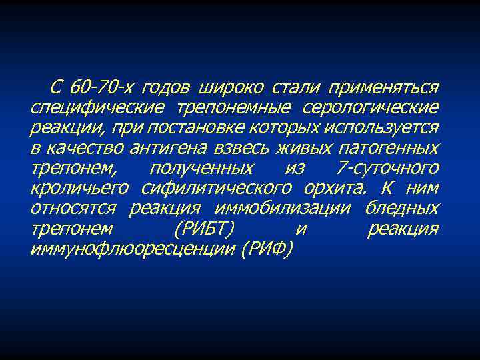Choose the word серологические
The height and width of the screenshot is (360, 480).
click(371, 108)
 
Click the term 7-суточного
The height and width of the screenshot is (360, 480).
click(388, 168)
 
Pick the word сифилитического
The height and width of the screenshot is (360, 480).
click(204, 188)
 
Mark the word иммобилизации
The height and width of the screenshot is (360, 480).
click(283, 208)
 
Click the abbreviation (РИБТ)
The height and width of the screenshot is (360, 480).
click(203, 228)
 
